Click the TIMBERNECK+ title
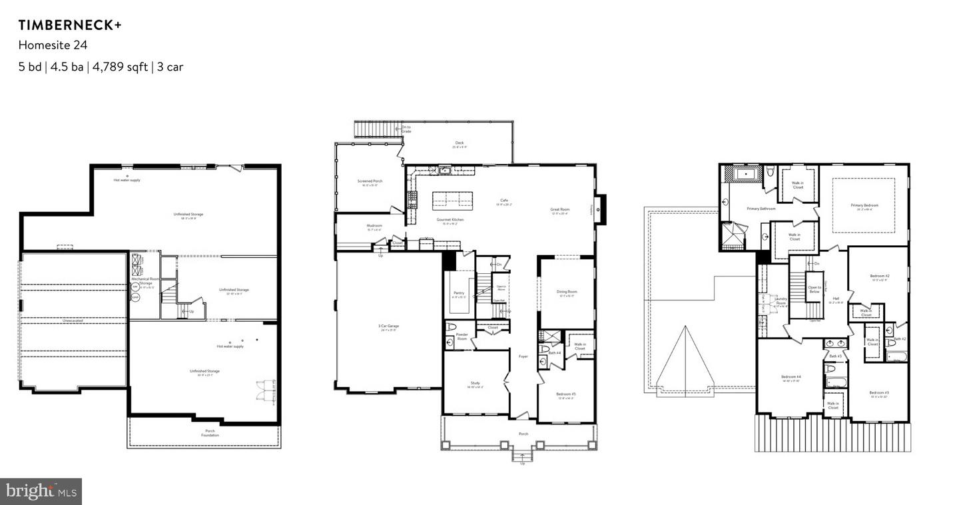[x=70, y=25]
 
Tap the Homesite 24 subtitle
[x=53, y=45]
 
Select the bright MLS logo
[x=41, y=492]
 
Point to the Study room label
[x=475, y=383]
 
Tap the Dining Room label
[x=567, y=291]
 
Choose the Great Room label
[x=559, y=210]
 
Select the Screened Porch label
[x=370, y=181]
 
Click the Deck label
[x=459, y=143]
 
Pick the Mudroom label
[x=374, y=225]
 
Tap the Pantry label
[x=459, y=292]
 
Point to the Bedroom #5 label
[x=565, y=394]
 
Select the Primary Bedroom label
[x=864, y=205]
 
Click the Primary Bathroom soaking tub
[x=747, y=175]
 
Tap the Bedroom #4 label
[x=791, y=376]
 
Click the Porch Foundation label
[x=210, y=433]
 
